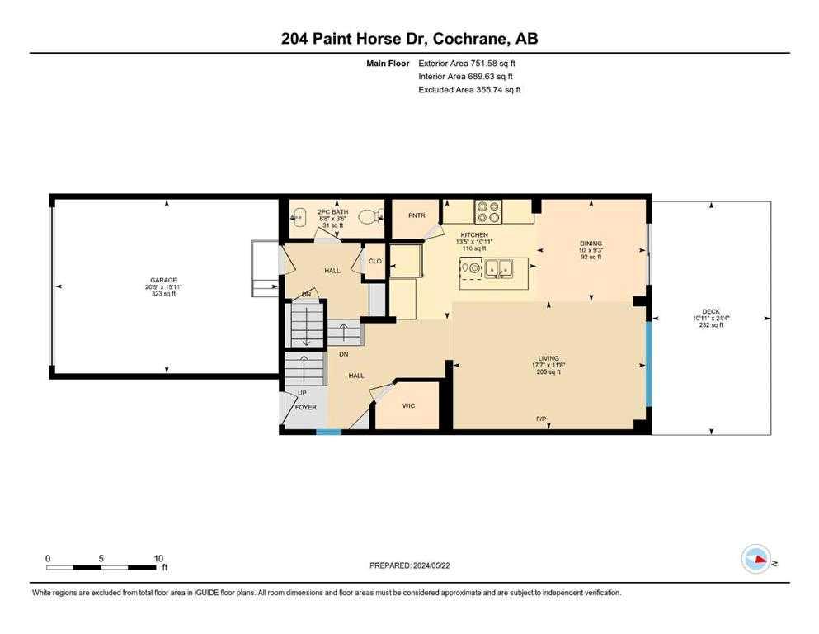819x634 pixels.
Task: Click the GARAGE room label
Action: click(163, 280)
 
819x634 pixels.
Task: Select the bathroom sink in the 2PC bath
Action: click(298, 215)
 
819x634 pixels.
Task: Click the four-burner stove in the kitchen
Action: click(487, 211)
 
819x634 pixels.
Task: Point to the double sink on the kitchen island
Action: click(498, 268)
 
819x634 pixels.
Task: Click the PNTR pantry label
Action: click(417, 215)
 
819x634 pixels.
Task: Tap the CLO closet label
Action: click(375, 261)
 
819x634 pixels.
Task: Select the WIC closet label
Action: click(408, 405)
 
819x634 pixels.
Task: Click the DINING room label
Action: click(591, 244)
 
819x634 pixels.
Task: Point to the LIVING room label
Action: click(548, 358)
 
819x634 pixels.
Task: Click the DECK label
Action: click(711, 311)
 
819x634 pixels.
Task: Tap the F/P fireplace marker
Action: click(541, 419)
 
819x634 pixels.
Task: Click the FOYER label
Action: click(305, 407)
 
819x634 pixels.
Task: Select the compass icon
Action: click(756, 559)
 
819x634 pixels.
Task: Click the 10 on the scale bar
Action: click(158, 558)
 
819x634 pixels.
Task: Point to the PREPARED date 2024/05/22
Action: click(431, 565)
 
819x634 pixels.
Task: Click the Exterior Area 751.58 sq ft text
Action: click(467, 64)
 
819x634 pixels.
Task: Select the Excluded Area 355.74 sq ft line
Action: click(469, 89)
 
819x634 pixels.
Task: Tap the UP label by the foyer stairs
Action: click(302, 392)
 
